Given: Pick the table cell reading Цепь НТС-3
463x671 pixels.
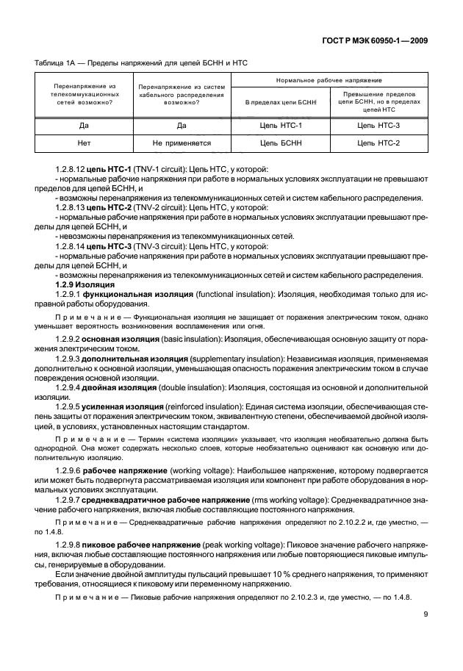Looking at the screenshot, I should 378,126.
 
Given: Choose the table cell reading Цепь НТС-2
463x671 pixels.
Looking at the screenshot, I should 378,143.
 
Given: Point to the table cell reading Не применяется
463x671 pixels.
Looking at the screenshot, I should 182,143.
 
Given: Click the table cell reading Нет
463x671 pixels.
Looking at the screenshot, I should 83,143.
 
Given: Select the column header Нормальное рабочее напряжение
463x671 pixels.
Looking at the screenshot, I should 329,79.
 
